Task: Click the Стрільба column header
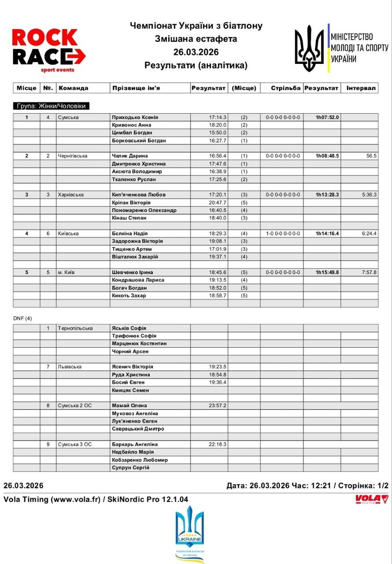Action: tap(285, 88)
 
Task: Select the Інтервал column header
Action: tap(361, 88)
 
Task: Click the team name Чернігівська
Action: tap(72, 156)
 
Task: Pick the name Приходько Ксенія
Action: tap(135, 117)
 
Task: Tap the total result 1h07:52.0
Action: tap(327, 117)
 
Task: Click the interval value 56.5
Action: tap(371, 156)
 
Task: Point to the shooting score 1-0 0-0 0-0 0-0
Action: tap(283, 234)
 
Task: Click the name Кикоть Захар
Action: tap(129, 296)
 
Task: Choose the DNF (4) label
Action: tap(23, 319)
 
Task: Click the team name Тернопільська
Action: tap(75, 329)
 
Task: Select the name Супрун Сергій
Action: tap(131, 468)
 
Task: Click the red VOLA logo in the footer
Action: tap(371, 499)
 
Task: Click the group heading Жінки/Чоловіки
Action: tap(51, 106)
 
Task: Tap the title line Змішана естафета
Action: tap(196, 39)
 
